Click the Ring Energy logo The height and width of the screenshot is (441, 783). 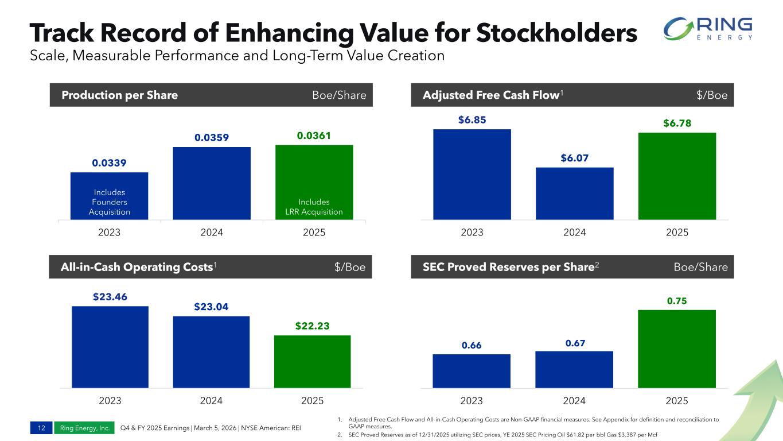[x=707, y=29]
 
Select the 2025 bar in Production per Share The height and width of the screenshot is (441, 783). [x=314, y=172]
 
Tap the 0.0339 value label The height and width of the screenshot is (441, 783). [x=109, y=163]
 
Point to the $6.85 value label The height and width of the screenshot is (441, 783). [x=472, y=119]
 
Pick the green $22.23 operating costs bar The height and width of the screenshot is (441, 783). [x=312, y=361]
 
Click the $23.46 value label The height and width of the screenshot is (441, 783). [x=110, y=297]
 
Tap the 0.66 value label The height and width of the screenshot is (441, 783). [x=472, y=345]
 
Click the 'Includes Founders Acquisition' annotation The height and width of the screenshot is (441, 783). [x=110, y=202]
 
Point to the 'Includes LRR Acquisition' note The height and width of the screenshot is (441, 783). [x=314, y=207]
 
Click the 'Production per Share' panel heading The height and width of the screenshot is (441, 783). [x=119, y=95]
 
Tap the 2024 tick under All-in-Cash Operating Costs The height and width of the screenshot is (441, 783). [x=211, y=401]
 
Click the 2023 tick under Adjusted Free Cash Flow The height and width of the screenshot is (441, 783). [x=472, y=233]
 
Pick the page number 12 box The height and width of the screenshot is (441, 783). [x=41, y=428]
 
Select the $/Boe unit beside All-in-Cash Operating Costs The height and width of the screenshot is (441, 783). [x=350, y=267]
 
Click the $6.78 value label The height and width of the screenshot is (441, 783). [x=677, y=123]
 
